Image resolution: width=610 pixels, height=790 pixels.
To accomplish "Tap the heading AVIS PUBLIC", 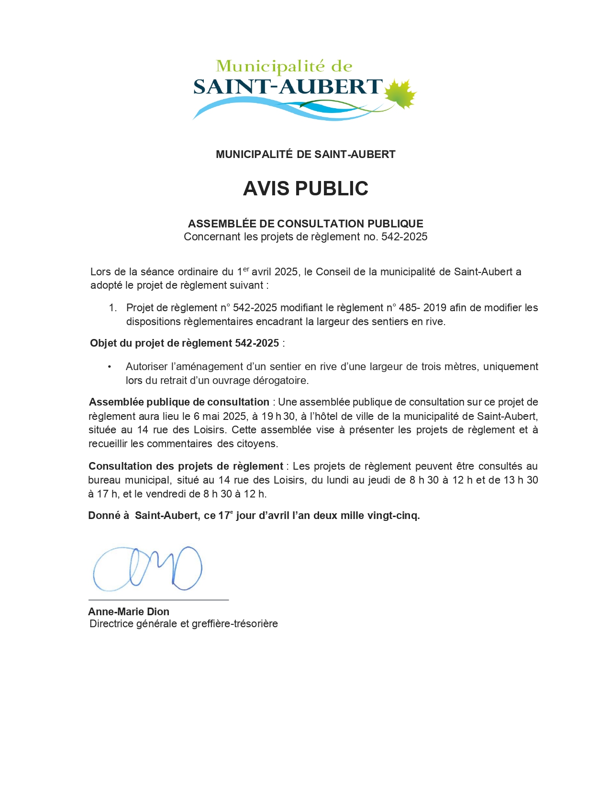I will point(305,189).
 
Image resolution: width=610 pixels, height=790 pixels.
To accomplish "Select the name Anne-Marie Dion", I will point(129,611).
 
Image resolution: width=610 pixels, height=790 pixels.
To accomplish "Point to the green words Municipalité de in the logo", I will point(284,66).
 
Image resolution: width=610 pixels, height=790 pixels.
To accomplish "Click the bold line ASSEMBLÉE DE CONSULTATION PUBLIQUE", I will point(305,224).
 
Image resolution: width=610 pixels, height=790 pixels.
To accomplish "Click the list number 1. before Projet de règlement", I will point(113,308).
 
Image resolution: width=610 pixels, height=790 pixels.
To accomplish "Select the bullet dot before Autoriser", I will point(110,367).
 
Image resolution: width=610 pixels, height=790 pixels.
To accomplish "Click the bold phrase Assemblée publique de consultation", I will point(179,402).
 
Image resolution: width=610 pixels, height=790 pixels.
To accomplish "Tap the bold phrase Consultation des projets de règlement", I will point(186,466).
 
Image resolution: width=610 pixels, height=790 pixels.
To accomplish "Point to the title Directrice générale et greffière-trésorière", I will point(184,624).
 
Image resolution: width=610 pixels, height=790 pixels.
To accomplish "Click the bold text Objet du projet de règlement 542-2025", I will point(184,343).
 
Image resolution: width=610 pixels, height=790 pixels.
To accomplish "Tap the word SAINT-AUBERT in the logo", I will point(288,87).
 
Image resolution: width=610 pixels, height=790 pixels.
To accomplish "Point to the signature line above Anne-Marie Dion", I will point(158,599).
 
